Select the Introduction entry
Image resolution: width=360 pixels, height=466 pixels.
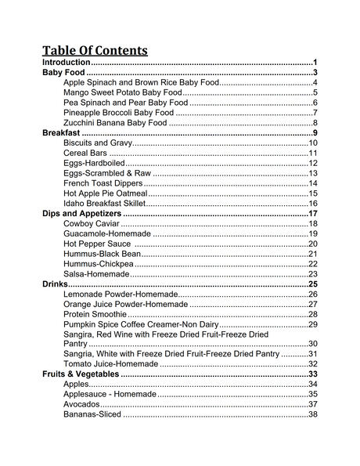click(67, 63)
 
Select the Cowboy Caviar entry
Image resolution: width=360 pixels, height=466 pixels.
click(92, 224)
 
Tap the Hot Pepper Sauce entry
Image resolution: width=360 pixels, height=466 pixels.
click(97, 244)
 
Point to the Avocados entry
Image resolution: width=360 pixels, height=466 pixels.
click(81, 404)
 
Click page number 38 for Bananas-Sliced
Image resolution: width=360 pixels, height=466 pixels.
click(312, 414)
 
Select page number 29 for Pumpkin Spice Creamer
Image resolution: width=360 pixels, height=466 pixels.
click(312, 324)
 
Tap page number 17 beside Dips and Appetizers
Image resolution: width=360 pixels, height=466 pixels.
click(312, 214)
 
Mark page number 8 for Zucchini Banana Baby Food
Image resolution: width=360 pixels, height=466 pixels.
click(315, 123)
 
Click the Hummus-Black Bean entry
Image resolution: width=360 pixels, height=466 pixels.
click(102, 254)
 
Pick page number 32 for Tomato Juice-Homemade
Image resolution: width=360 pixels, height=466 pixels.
click(312, 364)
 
